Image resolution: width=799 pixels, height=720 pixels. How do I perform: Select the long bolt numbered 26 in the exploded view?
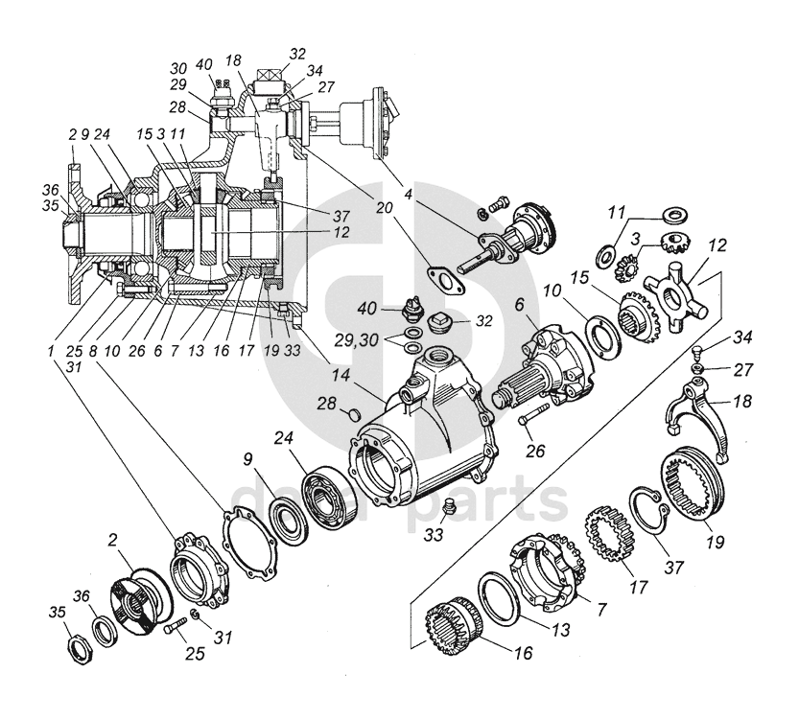tap(530, 419)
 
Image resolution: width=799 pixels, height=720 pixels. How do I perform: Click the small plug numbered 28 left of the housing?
tap(351, 413)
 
